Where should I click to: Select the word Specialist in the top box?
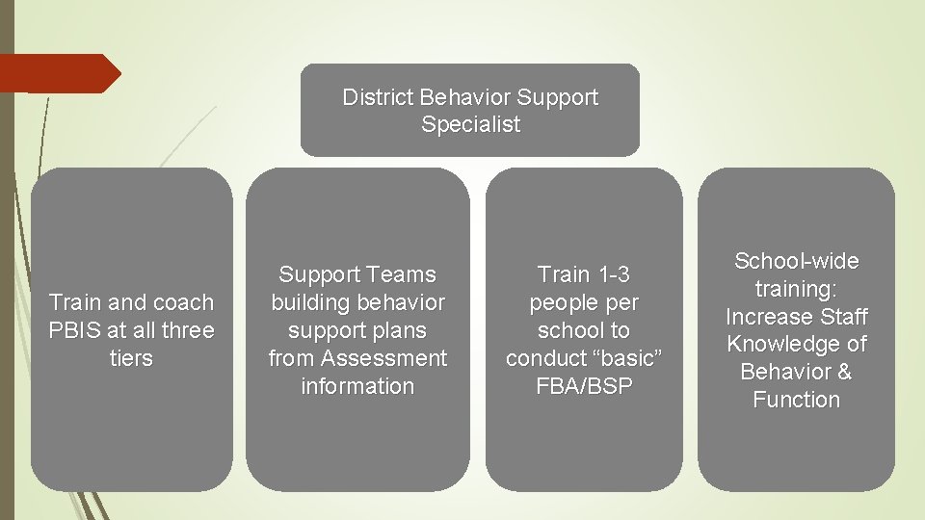pyautogui.click(x=470, y=124)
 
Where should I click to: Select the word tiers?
pyautogui.click(x=131, y=358)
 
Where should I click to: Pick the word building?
pyautogui.click(x=309, y=302)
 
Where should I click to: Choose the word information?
pyautogui.click(x=357, y=386)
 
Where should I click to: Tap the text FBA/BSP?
pyautogui.click(x=584, y=386)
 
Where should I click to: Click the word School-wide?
pyautogui.click(x=796, y=261)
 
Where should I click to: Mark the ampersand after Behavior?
pyautogui.click(x=844, y=372)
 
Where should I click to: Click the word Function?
pyautogui.click(x=796, y=400)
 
